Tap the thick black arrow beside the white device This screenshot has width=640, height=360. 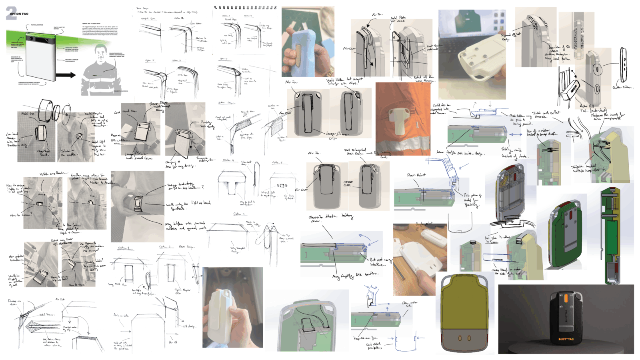[x=66, y=75]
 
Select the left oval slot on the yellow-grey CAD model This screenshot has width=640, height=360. [x=459, y=338]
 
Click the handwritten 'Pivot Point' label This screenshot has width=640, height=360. [x=416, y=175]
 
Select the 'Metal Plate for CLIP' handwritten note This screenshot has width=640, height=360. [x=398, y=19]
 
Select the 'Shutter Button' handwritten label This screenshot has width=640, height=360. [x=622, y=87]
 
